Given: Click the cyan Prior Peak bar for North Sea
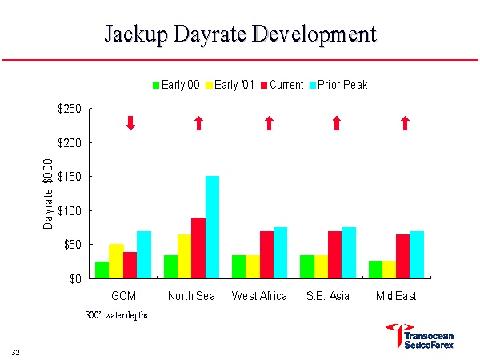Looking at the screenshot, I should click(212, 227).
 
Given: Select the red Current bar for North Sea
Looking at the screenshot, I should click(198, 248).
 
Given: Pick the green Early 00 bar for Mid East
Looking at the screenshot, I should click(375, 270).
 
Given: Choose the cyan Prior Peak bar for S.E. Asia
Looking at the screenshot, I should click(349, 253).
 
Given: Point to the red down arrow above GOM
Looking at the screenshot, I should click(130, 122).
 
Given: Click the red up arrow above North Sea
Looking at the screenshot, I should click(199, 122).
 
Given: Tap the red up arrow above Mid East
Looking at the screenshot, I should click(405, 122).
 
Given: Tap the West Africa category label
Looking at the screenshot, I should click(259, 297).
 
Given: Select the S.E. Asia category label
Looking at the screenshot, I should click(328, 297).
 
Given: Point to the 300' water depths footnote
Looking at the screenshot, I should click(117, 315).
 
